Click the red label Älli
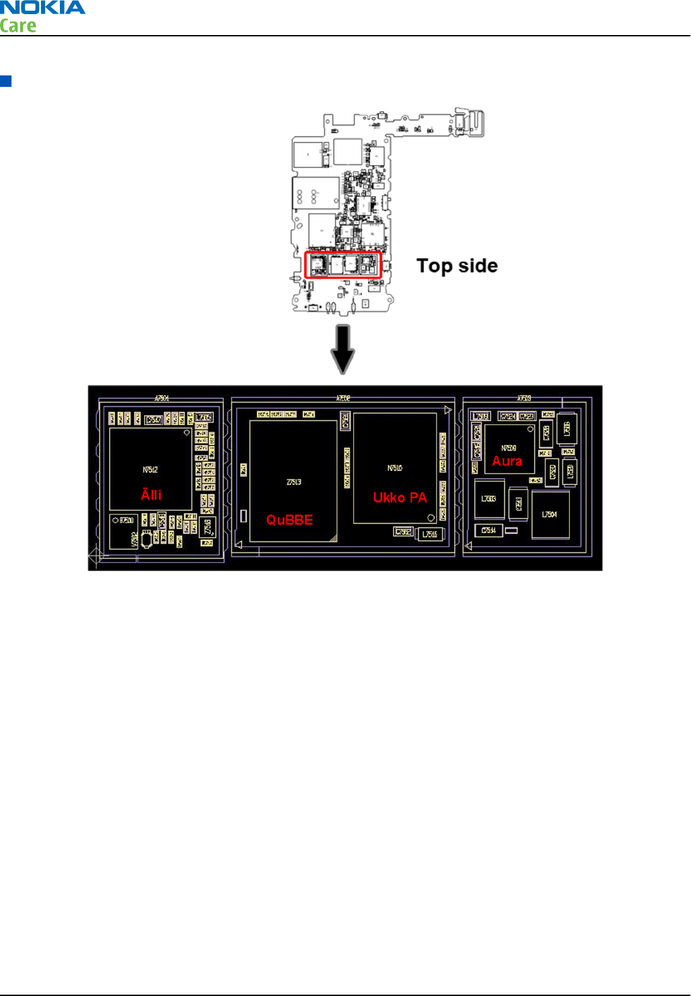point(151,495)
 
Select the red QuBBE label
point(289,520)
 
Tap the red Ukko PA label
point(400,498)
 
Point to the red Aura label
point(507,461)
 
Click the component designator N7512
point(150,469)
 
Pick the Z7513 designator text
point(294,482)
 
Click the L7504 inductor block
point(550,514)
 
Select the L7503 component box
point(488,499)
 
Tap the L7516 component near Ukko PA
point(429,535)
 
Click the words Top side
point(457,266)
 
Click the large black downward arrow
point(343,349)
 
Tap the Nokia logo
point(43,8)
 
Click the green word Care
point(18,26)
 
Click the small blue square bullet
point(6,81)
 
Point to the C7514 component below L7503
point(488,531)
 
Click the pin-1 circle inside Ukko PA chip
point(431,518)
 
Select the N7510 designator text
point(395,468)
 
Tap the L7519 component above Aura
point(480,416)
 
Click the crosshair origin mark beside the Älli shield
point(96,556)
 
